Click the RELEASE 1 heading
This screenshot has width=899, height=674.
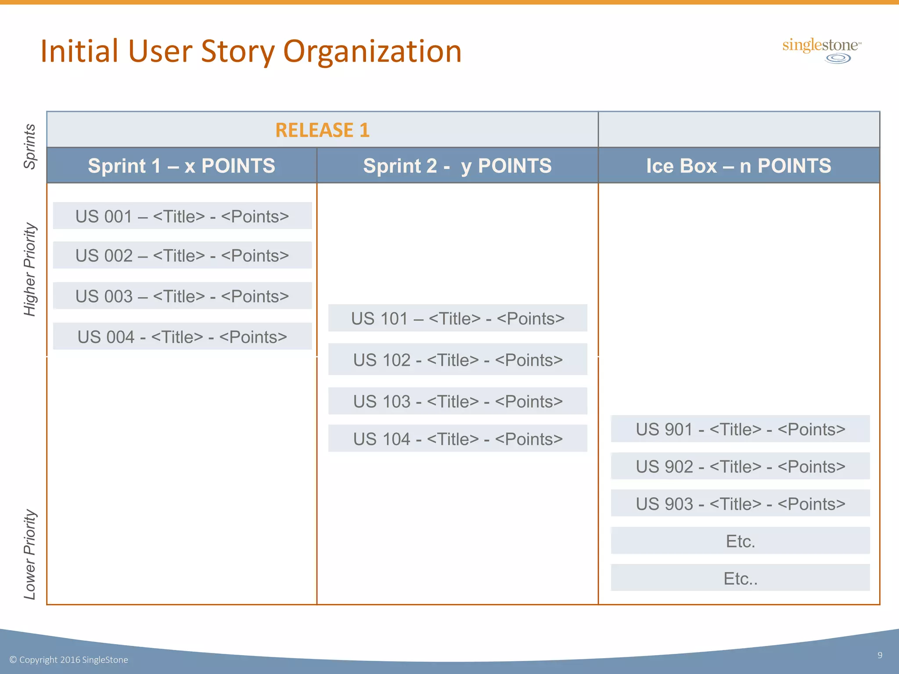322,130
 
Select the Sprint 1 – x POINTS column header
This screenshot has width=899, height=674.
181,165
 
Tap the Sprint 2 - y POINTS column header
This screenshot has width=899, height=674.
457,165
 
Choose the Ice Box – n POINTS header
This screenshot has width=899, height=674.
739,165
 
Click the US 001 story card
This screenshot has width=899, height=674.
182,216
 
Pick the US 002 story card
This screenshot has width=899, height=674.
182,255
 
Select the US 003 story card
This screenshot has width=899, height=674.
182,296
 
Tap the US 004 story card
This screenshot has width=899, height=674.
182,337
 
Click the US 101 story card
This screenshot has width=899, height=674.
457,318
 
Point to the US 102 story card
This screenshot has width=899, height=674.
457,359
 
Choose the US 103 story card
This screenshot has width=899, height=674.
457,401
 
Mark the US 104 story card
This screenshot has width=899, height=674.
457,438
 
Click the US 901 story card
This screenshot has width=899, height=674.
740,429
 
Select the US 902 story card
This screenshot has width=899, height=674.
740,466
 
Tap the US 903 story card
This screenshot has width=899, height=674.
740,503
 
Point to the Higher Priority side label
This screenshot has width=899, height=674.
29,269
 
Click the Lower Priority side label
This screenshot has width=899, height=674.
29,554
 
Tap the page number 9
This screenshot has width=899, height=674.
880,655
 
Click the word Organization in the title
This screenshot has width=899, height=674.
373,51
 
